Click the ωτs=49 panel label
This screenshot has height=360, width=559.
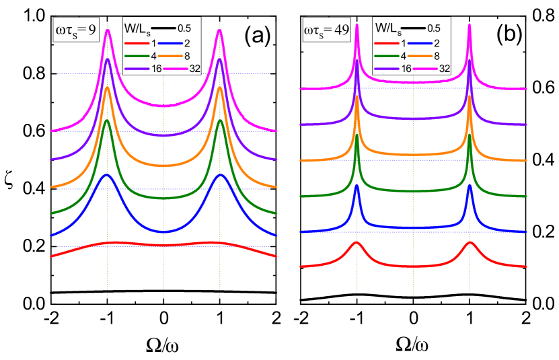coord(327,30)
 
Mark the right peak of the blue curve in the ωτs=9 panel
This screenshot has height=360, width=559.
coord(220,175)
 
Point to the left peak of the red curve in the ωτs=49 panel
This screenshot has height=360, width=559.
coord(357,244)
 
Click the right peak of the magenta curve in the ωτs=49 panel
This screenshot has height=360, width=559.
coord(470,26)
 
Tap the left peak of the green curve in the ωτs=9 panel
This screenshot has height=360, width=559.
coord(108,121)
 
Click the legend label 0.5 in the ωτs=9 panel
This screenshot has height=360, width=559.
coord(186,29)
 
